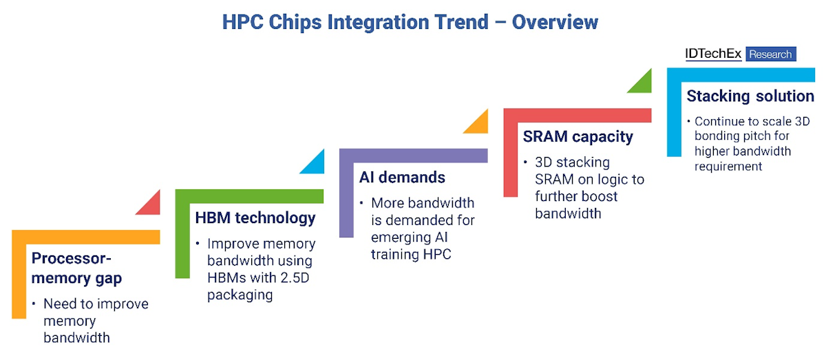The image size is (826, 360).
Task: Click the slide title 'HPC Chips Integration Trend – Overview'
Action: (x=410, y=22)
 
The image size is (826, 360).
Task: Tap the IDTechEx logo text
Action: (x=713, y=54)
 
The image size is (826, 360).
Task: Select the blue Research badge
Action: (x=771, y=54)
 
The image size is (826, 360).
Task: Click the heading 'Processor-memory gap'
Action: (x=76, y=268)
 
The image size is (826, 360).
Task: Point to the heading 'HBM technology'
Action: (x=255, y=218)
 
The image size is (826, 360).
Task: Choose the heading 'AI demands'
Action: (x=402, y=177)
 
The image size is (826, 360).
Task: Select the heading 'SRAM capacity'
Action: (x=578, y=136)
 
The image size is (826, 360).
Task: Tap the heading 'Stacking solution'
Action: (x=750, y=96)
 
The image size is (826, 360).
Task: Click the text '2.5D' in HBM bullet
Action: (x=295, y=278)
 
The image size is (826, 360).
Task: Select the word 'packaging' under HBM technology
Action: (x=240, y=295)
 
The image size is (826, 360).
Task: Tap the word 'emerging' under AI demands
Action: (x=399, y=238)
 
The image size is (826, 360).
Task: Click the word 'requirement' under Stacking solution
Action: (x=728, y=167)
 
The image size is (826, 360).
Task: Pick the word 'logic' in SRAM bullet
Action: (x=613, y=180)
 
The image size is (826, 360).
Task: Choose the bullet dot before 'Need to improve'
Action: (x=34, y=304)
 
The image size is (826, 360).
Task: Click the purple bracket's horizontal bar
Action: (x=414, y=156)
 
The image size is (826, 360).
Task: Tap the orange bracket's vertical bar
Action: (x=19, y=275)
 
